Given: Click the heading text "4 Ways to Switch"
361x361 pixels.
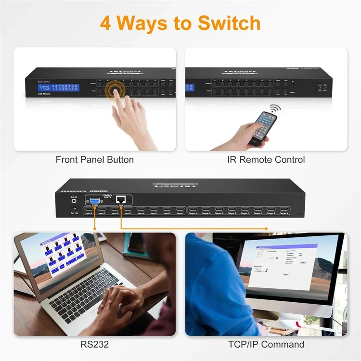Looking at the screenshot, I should pyautogui.click(x=180, y=23).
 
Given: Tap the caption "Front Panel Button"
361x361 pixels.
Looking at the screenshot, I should pyautogui.click(x=95, y=159).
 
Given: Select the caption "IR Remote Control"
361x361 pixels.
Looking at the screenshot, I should pyautogui.click(x=266, y=159).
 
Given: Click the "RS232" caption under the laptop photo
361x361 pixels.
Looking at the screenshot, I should pyautogui.click(x=95, y=344).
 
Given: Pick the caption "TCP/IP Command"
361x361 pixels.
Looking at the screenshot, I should pyautogui.click(x=266, y=344).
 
